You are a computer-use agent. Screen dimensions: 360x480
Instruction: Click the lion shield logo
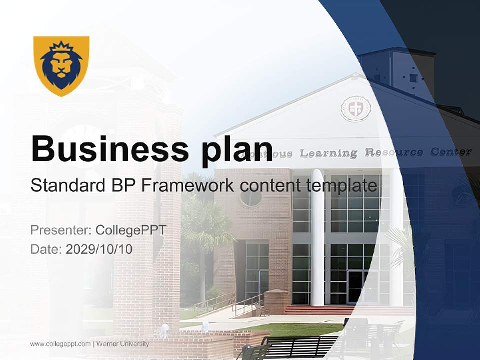pos(61,65)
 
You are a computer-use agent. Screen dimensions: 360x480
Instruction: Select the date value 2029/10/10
pos(99,249)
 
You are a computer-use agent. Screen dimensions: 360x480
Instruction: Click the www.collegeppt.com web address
pos(60,344)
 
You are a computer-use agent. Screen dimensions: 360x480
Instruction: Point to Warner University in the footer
pos(122,344)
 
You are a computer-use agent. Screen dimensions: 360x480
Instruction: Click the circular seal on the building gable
pos(355,108)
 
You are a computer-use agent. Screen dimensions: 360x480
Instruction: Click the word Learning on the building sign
pos(329,153)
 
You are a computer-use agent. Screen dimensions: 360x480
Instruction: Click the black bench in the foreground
pos(300,346)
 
